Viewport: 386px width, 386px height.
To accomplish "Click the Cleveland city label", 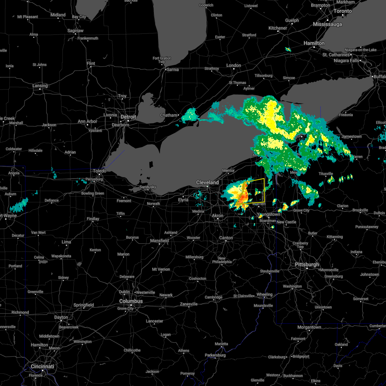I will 207,182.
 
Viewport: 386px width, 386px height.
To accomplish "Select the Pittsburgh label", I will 307,264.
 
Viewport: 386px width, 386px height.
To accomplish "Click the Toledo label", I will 99,171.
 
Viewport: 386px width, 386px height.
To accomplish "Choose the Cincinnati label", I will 42,366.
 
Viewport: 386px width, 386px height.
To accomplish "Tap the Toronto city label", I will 343,11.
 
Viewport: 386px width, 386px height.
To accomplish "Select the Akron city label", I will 218,216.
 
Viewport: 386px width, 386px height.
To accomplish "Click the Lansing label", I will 40,86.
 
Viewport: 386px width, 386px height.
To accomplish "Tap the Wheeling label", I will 264,294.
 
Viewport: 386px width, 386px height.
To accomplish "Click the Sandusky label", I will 148,187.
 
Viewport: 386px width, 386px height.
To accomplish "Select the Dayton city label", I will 61,317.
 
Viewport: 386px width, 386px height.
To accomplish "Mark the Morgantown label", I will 309,327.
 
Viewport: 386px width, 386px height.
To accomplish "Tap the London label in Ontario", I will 234,65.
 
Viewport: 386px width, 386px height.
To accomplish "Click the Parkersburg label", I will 215,355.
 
